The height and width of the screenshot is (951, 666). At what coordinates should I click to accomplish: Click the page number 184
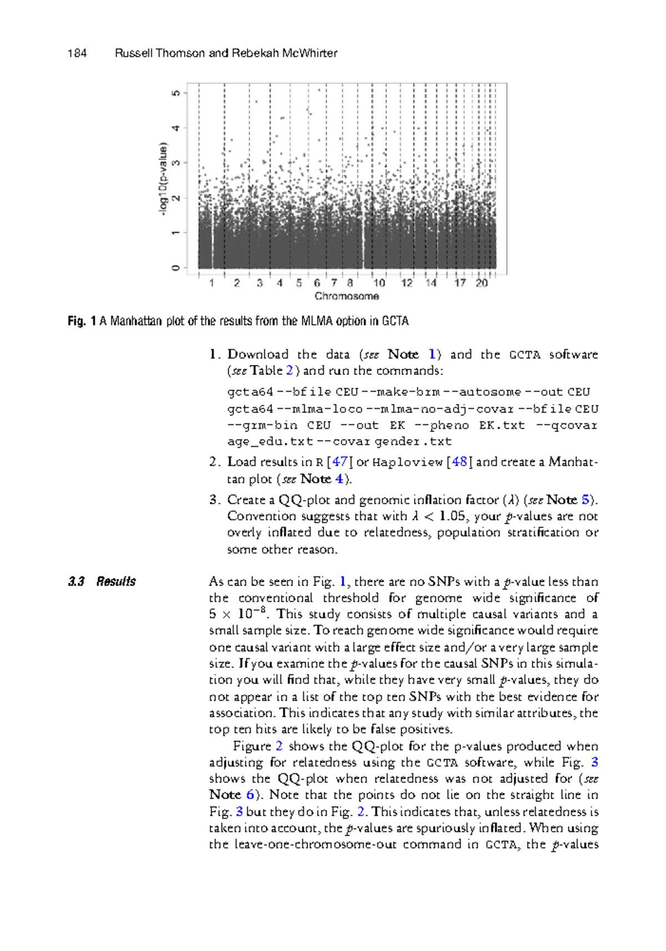pos(77,53)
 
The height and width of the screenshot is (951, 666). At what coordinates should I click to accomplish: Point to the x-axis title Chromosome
pos(346,297)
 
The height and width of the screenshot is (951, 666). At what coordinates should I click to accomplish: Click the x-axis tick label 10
pos(379,283)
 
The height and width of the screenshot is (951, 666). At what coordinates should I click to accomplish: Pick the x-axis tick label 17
pos(460,283)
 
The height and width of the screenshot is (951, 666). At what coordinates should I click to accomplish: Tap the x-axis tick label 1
pos(211,283)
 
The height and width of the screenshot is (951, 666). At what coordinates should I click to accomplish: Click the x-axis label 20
pos(481,283)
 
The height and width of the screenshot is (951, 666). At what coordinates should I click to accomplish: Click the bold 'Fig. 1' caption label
pos(82,321)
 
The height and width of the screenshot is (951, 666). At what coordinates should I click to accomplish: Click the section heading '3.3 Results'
pos(102,582)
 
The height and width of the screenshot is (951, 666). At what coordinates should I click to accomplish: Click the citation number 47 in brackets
pos(340,462)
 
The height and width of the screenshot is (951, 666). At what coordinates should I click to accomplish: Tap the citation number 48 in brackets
pos(460,462)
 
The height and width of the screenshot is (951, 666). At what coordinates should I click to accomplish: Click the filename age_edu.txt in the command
pos(270,442)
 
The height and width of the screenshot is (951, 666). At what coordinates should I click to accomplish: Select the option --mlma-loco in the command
pos(320,409)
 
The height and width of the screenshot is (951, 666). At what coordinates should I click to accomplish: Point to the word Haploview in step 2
pos(407,462)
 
